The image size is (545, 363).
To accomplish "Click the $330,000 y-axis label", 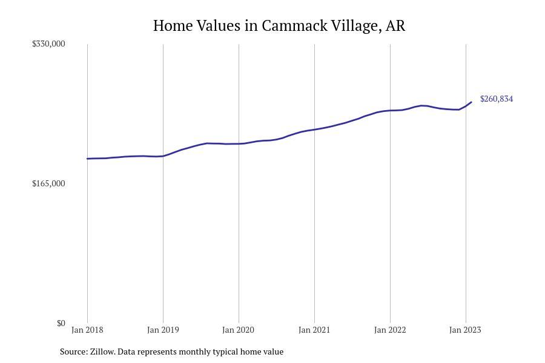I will click(48, 44).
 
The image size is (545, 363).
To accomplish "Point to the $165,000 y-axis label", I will click(48, 183).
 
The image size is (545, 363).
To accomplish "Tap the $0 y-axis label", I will click(61, 323).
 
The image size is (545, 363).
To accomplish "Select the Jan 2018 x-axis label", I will click(87, 330).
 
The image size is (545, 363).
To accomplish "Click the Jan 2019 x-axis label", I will click(163, 330).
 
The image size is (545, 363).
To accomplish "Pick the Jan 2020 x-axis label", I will click(239, 330).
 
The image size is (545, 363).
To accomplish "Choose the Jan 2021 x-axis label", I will click(314, 330).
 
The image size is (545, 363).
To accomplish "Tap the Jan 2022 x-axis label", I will click(390, 330).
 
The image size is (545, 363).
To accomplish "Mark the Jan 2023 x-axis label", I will click(465, 330).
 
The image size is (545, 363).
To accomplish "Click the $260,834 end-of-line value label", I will click(497, 99).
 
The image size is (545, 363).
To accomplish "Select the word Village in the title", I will click(351, 25).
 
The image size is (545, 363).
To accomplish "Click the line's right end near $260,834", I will click(471, 102).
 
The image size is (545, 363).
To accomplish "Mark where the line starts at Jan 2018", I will click(87, 159).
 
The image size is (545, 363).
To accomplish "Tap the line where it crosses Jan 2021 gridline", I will click(314, 129).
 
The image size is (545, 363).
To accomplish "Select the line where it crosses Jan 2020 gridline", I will click(239, 143).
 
